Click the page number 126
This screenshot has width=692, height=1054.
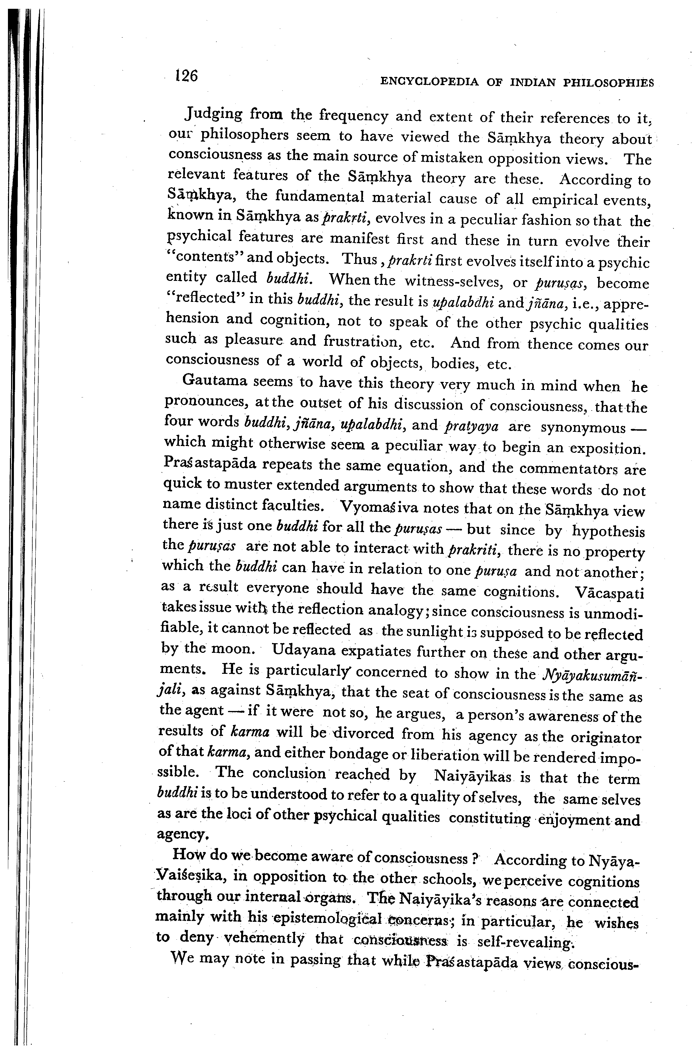[x=186, y=76]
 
